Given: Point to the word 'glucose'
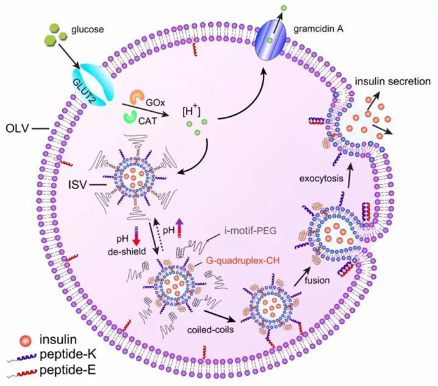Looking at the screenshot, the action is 88,30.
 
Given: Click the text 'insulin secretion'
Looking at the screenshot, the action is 392,82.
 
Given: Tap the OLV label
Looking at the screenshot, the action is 17,129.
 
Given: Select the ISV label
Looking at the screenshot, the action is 77,185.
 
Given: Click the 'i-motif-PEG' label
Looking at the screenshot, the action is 250,230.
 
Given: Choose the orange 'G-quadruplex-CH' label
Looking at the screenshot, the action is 242,260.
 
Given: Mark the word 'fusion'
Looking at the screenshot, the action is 317,280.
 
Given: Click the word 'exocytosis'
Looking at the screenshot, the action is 321,178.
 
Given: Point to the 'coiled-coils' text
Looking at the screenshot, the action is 210,330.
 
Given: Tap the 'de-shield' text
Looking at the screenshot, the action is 127,251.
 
